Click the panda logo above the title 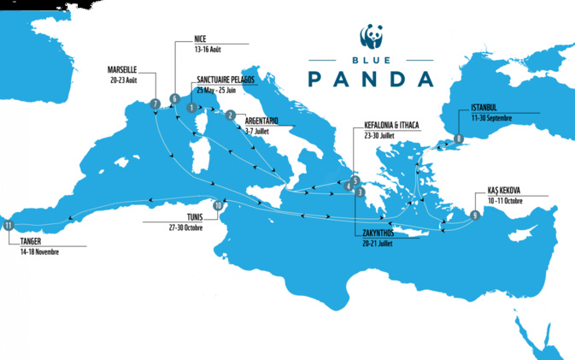[371, 37]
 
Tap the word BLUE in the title [371, 62]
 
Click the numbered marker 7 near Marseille [155, 104]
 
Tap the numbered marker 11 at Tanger [9, 225]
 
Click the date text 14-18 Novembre [41, 252]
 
